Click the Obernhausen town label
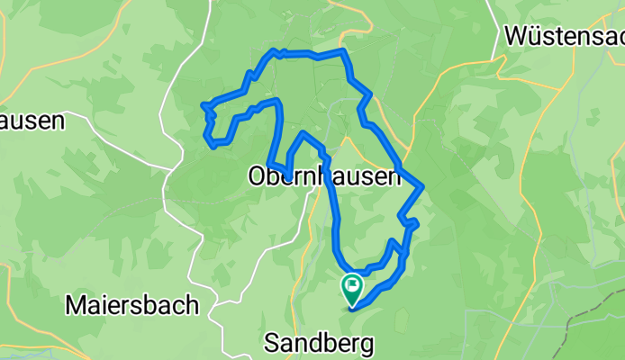323,177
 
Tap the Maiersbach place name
131,305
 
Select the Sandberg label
318,343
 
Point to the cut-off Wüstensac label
565,36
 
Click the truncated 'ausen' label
32,121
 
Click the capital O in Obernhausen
256,178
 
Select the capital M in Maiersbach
75,305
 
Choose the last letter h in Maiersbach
192,305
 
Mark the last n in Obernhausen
393,178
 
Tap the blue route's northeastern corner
344,53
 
